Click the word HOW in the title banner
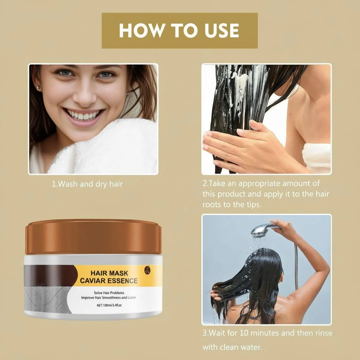(x=142, y=31)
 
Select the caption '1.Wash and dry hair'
(x=87, y=184)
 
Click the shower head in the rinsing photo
(x=264, y=229)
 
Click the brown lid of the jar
(x=93, y=237)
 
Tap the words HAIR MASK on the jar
(x=109, y=273)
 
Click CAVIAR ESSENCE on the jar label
(x=109, y=281)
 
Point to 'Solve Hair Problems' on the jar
(x=109, y=293)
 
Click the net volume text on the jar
(x=109, y=306)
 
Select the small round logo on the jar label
(x=147, y=270)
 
